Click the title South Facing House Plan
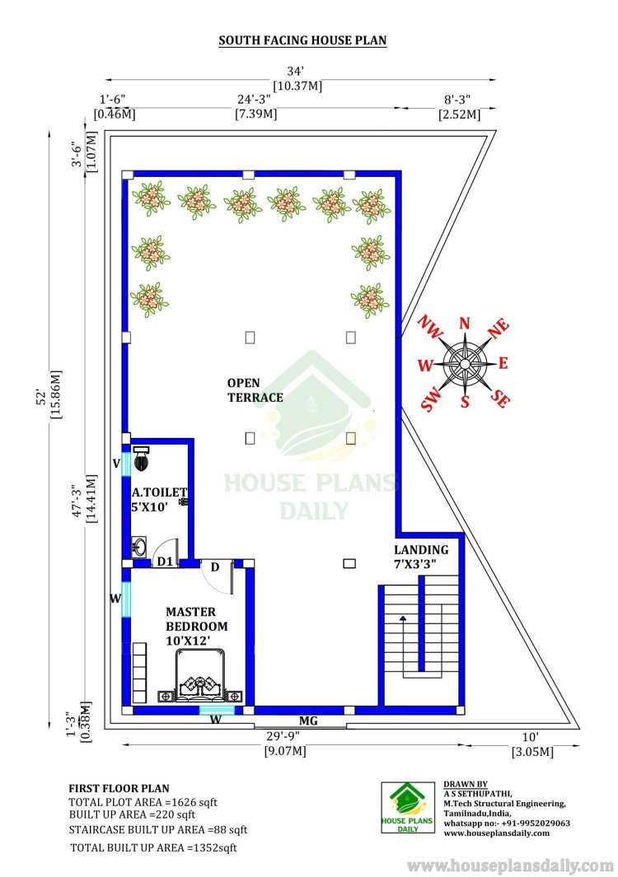[302, 40]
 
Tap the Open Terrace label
[255, 390]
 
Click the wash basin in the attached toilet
[138, 547]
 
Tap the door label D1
[165, 561]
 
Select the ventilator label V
[116, 463]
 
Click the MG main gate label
[308, 721]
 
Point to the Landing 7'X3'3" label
[421, 557]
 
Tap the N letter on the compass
[465, 324]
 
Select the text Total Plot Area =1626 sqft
[143, 802]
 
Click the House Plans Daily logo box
[408, 807]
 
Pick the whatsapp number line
[507, 823]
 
